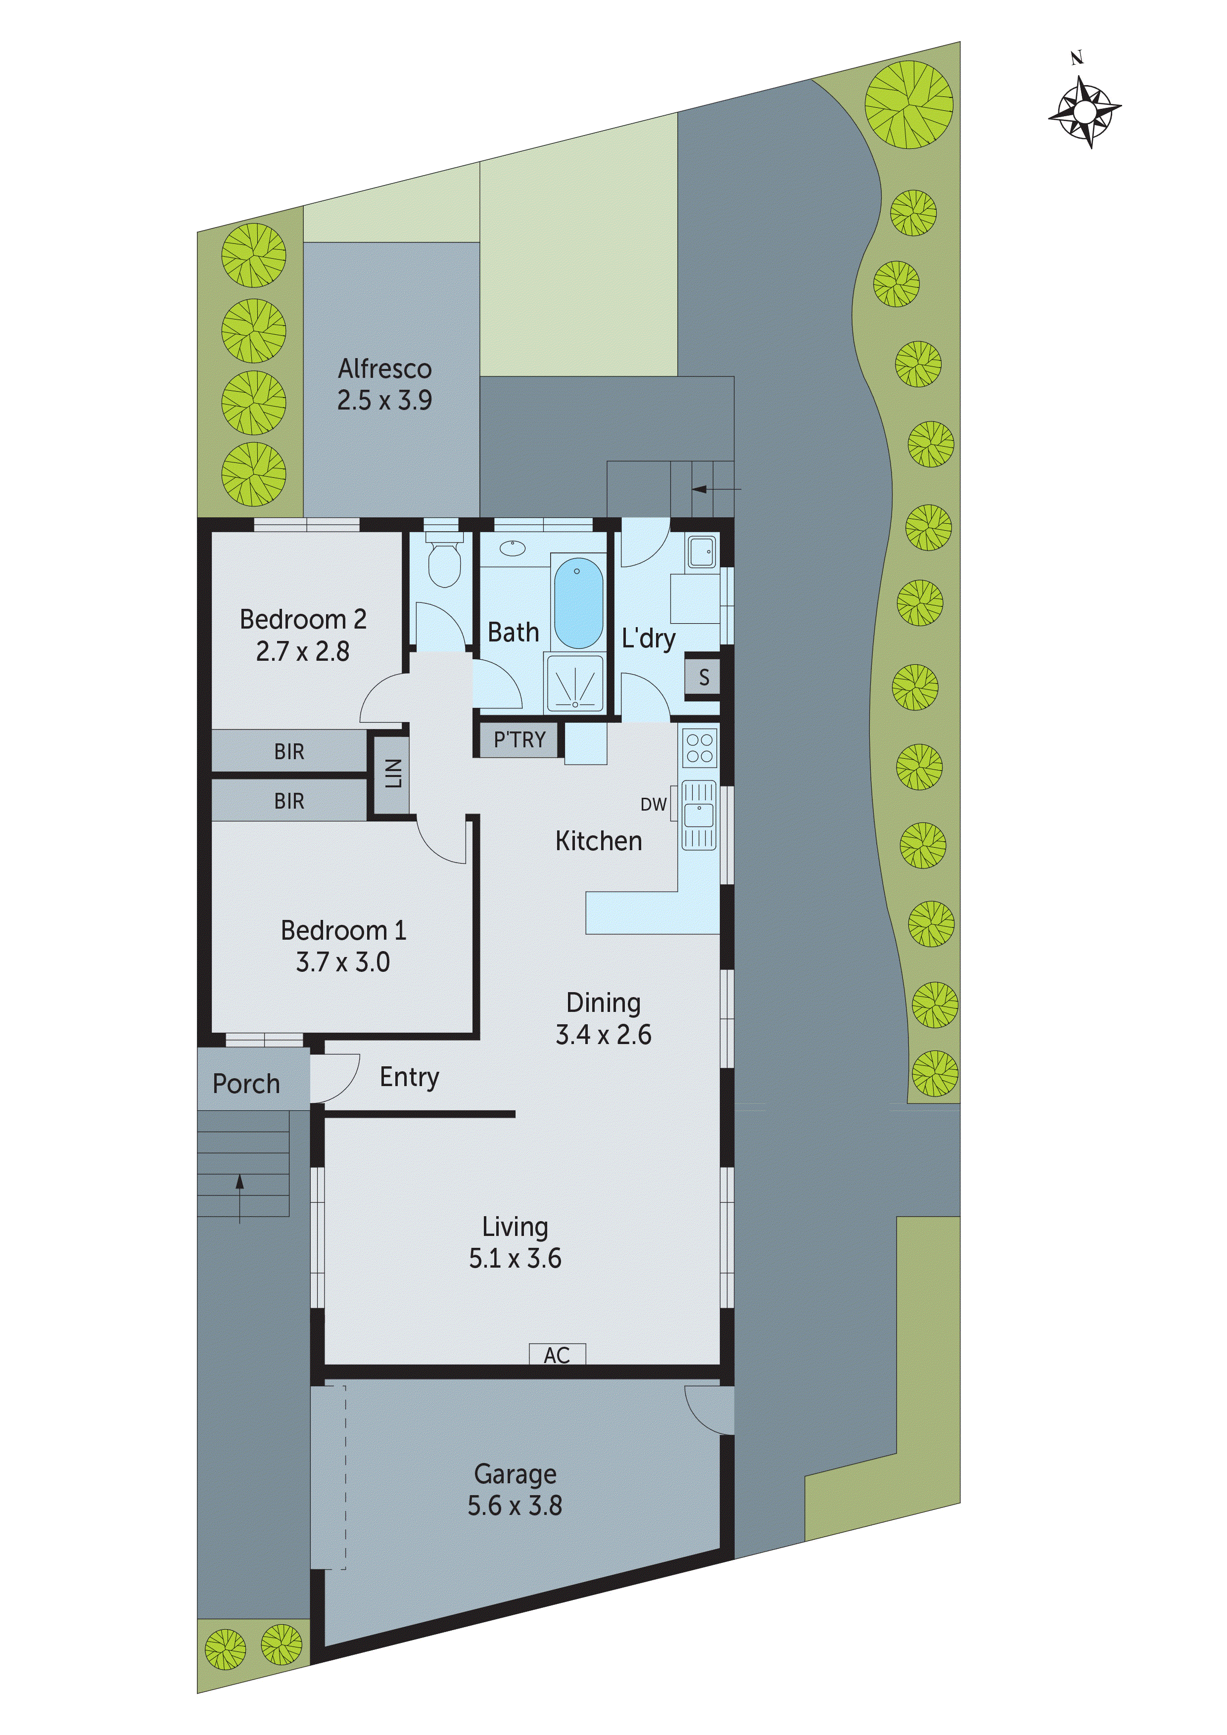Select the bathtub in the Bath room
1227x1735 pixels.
click(x=578, y=602)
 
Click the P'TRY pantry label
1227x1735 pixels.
click(x=519, y=740)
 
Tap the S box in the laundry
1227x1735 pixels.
click(x=703, y=677)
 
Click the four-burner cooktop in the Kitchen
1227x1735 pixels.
click(x=699, y=747)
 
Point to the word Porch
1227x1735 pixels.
click(x=246, y=1084)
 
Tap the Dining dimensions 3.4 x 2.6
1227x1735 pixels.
click(x=603, y=1035)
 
